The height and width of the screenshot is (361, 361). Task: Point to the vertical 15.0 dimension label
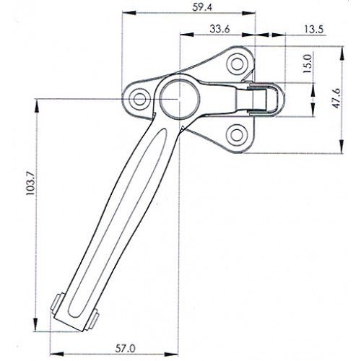tap(308, 65)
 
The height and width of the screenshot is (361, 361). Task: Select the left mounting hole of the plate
tap(139, 98)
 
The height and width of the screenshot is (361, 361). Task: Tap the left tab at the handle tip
tap(57, 301)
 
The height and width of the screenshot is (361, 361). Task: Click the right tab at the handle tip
tap(95, 316)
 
